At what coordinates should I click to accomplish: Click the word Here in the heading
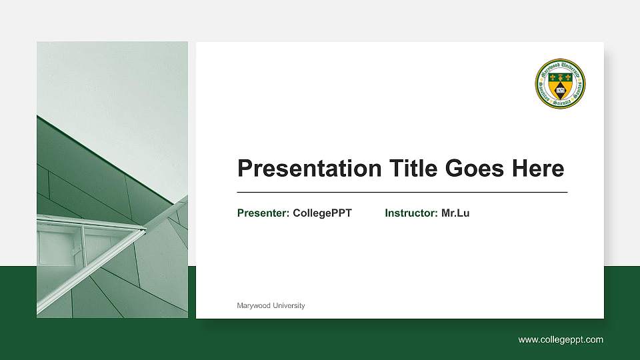click(x=537, y=169)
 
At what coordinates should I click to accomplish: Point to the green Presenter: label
click(x=263, y=213)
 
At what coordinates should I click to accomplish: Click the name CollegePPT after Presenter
click(x=322, y=213)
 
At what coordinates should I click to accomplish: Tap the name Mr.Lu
click(x=455, y=213)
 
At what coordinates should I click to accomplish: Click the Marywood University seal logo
click(x=560, y=84)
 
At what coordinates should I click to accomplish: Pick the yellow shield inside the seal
click(x=560, y=85)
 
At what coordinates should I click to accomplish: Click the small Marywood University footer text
click(x=271, y=305)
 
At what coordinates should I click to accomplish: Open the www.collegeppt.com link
click(x=561, y=340)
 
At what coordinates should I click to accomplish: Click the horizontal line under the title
click(x=402, y=192)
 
